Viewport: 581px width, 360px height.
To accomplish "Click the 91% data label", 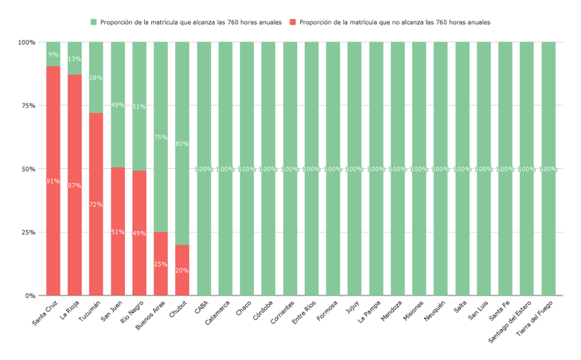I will tap(53, 182).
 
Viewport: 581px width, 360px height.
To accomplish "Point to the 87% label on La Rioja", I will tap(75, 186).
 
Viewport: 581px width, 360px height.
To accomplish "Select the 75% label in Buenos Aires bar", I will tap(161, 137).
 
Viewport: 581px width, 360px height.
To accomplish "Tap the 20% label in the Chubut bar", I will tap(182, 271).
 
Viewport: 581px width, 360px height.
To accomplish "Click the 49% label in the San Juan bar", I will tap(118, 105).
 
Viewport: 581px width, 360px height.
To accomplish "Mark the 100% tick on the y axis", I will tap(26, 42).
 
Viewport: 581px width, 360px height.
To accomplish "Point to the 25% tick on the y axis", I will tap(28, 233).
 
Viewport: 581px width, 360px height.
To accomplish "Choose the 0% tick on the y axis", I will tap(29, 295).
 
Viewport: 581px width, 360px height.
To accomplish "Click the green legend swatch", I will tap(94, 22).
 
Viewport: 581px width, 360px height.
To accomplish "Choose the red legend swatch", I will tap(294, 22).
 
